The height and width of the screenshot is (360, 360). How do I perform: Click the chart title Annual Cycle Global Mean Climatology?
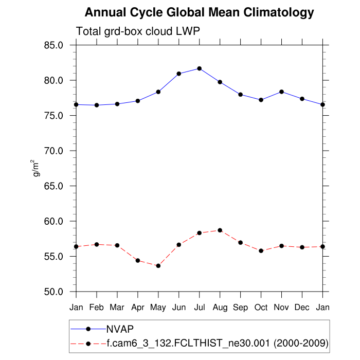pos(199,12)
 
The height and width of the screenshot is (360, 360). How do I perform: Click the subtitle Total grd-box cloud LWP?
pos(138,31)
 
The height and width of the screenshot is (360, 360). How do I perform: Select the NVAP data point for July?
pos(200,68)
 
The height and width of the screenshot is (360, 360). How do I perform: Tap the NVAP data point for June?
pos(179,74)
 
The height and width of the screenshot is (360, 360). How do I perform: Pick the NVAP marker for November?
pos(281,92)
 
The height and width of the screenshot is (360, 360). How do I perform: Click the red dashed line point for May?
pos(158,266)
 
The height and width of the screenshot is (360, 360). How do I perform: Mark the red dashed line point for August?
pos(220,230)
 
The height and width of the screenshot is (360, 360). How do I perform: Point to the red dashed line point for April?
pos(138,261)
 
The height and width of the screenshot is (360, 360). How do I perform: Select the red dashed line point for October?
pos(261,250)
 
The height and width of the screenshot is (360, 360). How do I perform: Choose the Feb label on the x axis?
pos(97,308)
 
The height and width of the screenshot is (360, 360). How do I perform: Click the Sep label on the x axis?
pos(241,308)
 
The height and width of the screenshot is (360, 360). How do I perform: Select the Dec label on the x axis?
pos(302,308)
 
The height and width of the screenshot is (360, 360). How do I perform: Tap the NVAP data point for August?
pos(220,82)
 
